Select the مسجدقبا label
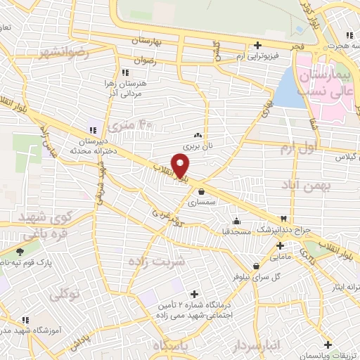(236, 230)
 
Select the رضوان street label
(144, 62)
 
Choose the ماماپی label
(280, 257)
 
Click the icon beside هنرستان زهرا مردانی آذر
(124, 72)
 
